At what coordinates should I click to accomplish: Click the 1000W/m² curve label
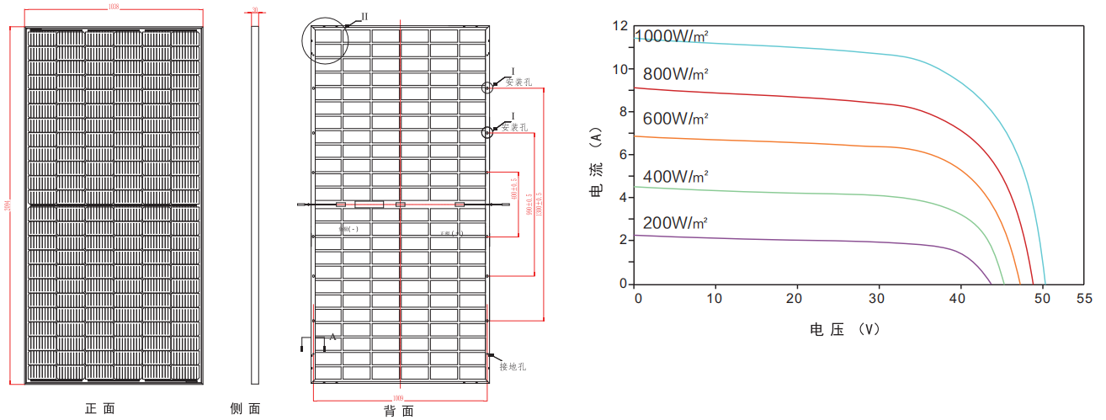pos(672,37)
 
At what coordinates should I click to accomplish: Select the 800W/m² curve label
pos(675,73)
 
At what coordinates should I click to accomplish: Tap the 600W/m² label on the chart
pos(675,118)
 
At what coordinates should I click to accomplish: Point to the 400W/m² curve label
pos(675,177)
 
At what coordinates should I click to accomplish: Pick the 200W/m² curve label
pos(675,223)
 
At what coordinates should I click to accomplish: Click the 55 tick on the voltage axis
pos(1084,299)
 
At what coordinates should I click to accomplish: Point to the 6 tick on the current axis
pos(624,155)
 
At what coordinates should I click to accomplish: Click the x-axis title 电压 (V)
pos(844,329)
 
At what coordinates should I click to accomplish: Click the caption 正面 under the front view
pos(99,409)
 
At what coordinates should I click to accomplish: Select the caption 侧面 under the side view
pos(245,409)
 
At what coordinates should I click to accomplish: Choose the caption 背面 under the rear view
pos(398,411)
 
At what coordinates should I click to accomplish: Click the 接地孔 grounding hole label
pos(512,366)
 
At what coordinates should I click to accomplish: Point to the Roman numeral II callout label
pos(364,17)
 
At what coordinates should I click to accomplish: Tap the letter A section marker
pos(332,337)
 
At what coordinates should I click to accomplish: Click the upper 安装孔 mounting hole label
pos(519,82)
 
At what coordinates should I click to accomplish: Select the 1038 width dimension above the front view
pos(114,7)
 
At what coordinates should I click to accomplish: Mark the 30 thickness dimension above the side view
pos(256,10)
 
